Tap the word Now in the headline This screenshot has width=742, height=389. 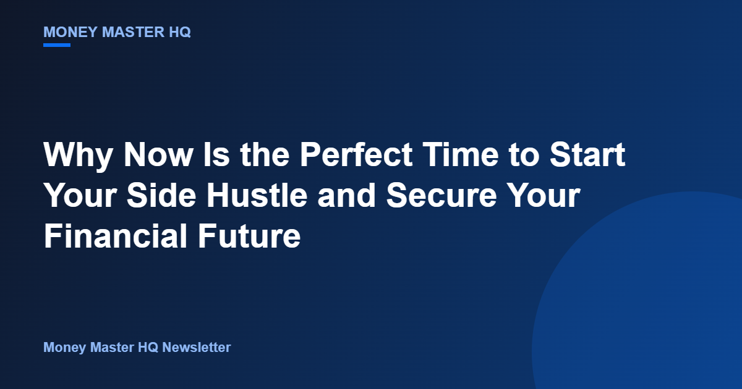(x=158, y=154)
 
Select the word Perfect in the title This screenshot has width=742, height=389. (x=356, y=154)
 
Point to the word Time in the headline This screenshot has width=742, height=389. (x=461, y=154)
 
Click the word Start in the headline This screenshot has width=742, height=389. (x=587, y=154)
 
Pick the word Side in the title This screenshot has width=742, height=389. (x=161, y=195)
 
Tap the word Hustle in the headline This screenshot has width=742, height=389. (x=257, y=195)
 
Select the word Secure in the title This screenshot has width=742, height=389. (x=441, y=195)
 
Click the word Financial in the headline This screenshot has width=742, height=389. (x=116, y=236)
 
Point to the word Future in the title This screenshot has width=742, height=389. (x=249, y=236)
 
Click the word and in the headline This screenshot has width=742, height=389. (x=346, y=195)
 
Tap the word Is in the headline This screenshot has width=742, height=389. (x=216, y=154)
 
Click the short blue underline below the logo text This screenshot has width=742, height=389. (x=57, y=45)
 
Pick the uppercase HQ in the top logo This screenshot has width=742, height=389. (x=180, y=32)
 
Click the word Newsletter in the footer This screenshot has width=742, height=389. (x=197, y=347)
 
